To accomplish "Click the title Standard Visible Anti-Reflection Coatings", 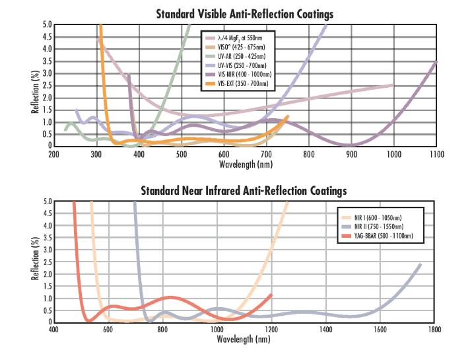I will (x=244, y=14).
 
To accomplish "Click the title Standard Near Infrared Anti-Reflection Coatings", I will (x=244, y=191).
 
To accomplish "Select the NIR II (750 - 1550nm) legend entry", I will (x=378, y=225).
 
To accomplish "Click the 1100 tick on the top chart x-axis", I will (x=436, y=154).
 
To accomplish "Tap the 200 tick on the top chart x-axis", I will (x=54, y=154).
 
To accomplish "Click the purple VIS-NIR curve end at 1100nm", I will (x=435, y=61).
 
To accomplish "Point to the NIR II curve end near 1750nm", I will (x=420, y=264).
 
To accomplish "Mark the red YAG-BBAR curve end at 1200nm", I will (x=271, y=295).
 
